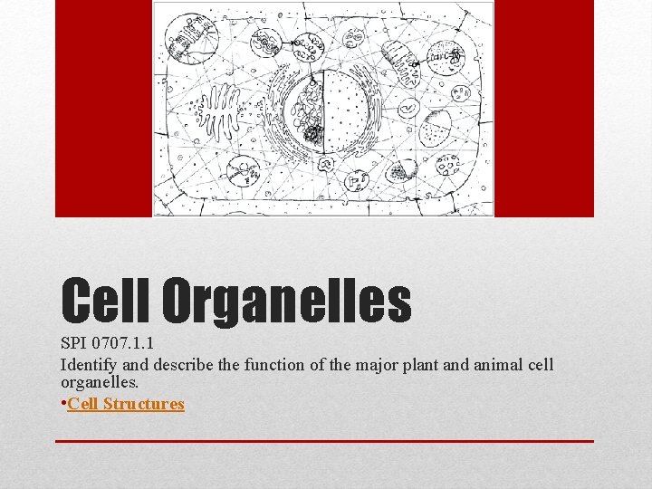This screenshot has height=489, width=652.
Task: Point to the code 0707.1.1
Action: pos(126,345)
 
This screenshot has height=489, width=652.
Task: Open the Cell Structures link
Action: pos(126,404)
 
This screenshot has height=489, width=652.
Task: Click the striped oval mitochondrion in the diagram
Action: pos(399,61)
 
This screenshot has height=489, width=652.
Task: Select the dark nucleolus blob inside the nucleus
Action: pos(313,136)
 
